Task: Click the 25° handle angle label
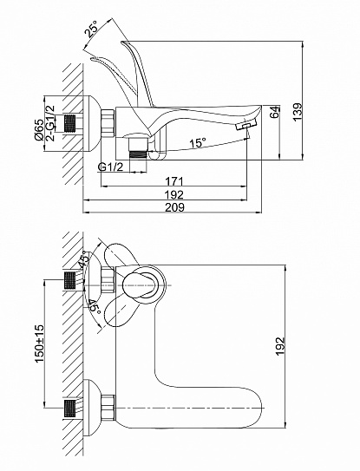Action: click(x=93, y=29)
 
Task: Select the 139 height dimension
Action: click(x=298, y=112)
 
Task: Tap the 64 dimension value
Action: click(x=275, y=112)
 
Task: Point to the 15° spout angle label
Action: click(x=198, y=142)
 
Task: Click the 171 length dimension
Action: click(x=174, y=181)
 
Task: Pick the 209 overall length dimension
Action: click(x=175, y=207)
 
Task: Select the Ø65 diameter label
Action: click(x=39, y=129)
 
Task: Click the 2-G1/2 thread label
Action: click(x=50, y=123)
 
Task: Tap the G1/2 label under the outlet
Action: click(x=110, y=167)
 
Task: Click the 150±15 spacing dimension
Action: click(x=39, y=343)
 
